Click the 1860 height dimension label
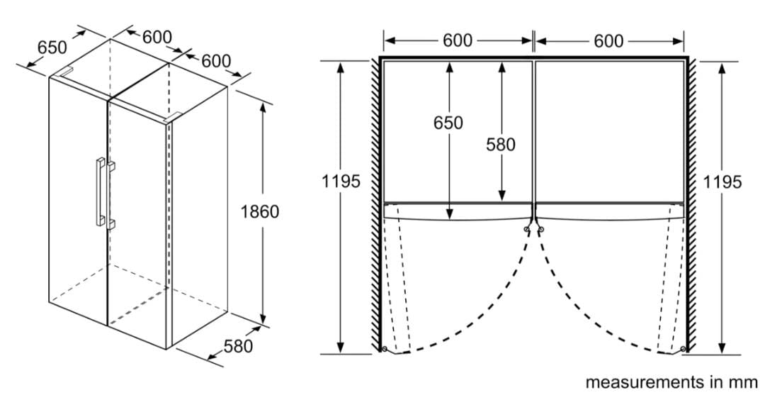(260, 211)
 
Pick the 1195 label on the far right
(722, 182)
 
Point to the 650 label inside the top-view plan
(448, 123)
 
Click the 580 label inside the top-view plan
(501, 145)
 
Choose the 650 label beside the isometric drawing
(52, 48)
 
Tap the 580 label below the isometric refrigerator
(238, 347)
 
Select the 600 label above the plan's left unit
(458, 40)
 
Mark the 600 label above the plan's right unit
(608, 41)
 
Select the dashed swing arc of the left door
(489, 319)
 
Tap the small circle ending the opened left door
(383, 349)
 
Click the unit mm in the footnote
(743, 382)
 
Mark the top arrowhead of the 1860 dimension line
(263, 106)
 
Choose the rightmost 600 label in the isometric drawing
(216, 61)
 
